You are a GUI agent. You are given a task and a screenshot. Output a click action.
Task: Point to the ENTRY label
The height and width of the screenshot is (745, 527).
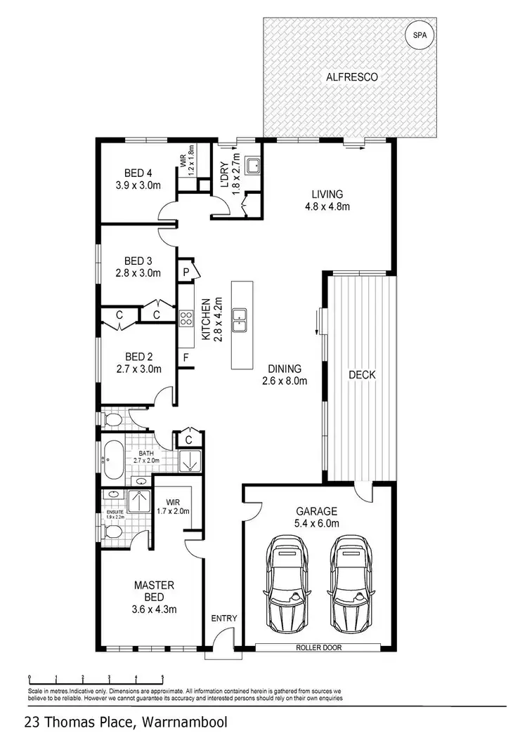tap(225, 619)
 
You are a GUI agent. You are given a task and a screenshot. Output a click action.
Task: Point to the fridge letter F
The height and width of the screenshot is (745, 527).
tap(186, 358)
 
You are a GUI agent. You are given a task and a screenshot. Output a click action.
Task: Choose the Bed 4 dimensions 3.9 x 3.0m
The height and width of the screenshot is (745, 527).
tap(138, 186)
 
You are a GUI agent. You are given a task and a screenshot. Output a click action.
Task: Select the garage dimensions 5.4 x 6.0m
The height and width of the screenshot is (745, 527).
tap(317, 524)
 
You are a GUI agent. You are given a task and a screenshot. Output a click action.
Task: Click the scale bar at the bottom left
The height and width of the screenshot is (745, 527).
tap(96, 678)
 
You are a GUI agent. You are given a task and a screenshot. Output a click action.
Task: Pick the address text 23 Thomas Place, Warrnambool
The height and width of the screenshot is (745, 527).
tap(125, 722)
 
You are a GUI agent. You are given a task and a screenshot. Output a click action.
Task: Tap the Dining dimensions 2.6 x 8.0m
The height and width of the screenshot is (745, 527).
tap(285, 381)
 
